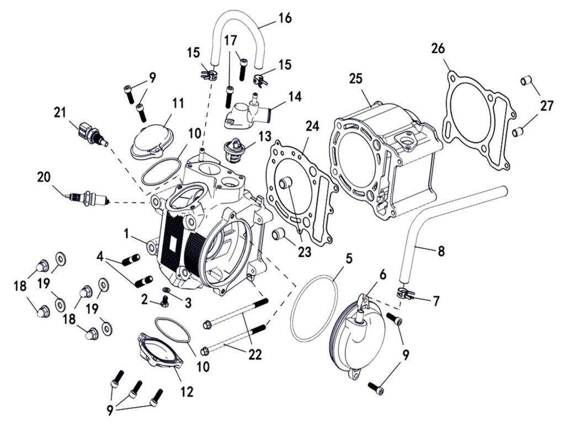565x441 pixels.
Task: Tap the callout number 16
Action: (285, 18)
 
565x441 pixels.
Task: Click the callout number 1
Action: (127, 234)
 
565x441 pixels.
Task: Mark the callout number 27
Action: (546, 106)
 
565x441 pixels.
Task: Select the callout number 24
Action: (313, 127)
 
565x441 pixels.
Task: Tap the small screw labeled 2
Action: (164, 302)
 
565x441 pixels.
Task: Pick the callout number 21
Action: (60, 113)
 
